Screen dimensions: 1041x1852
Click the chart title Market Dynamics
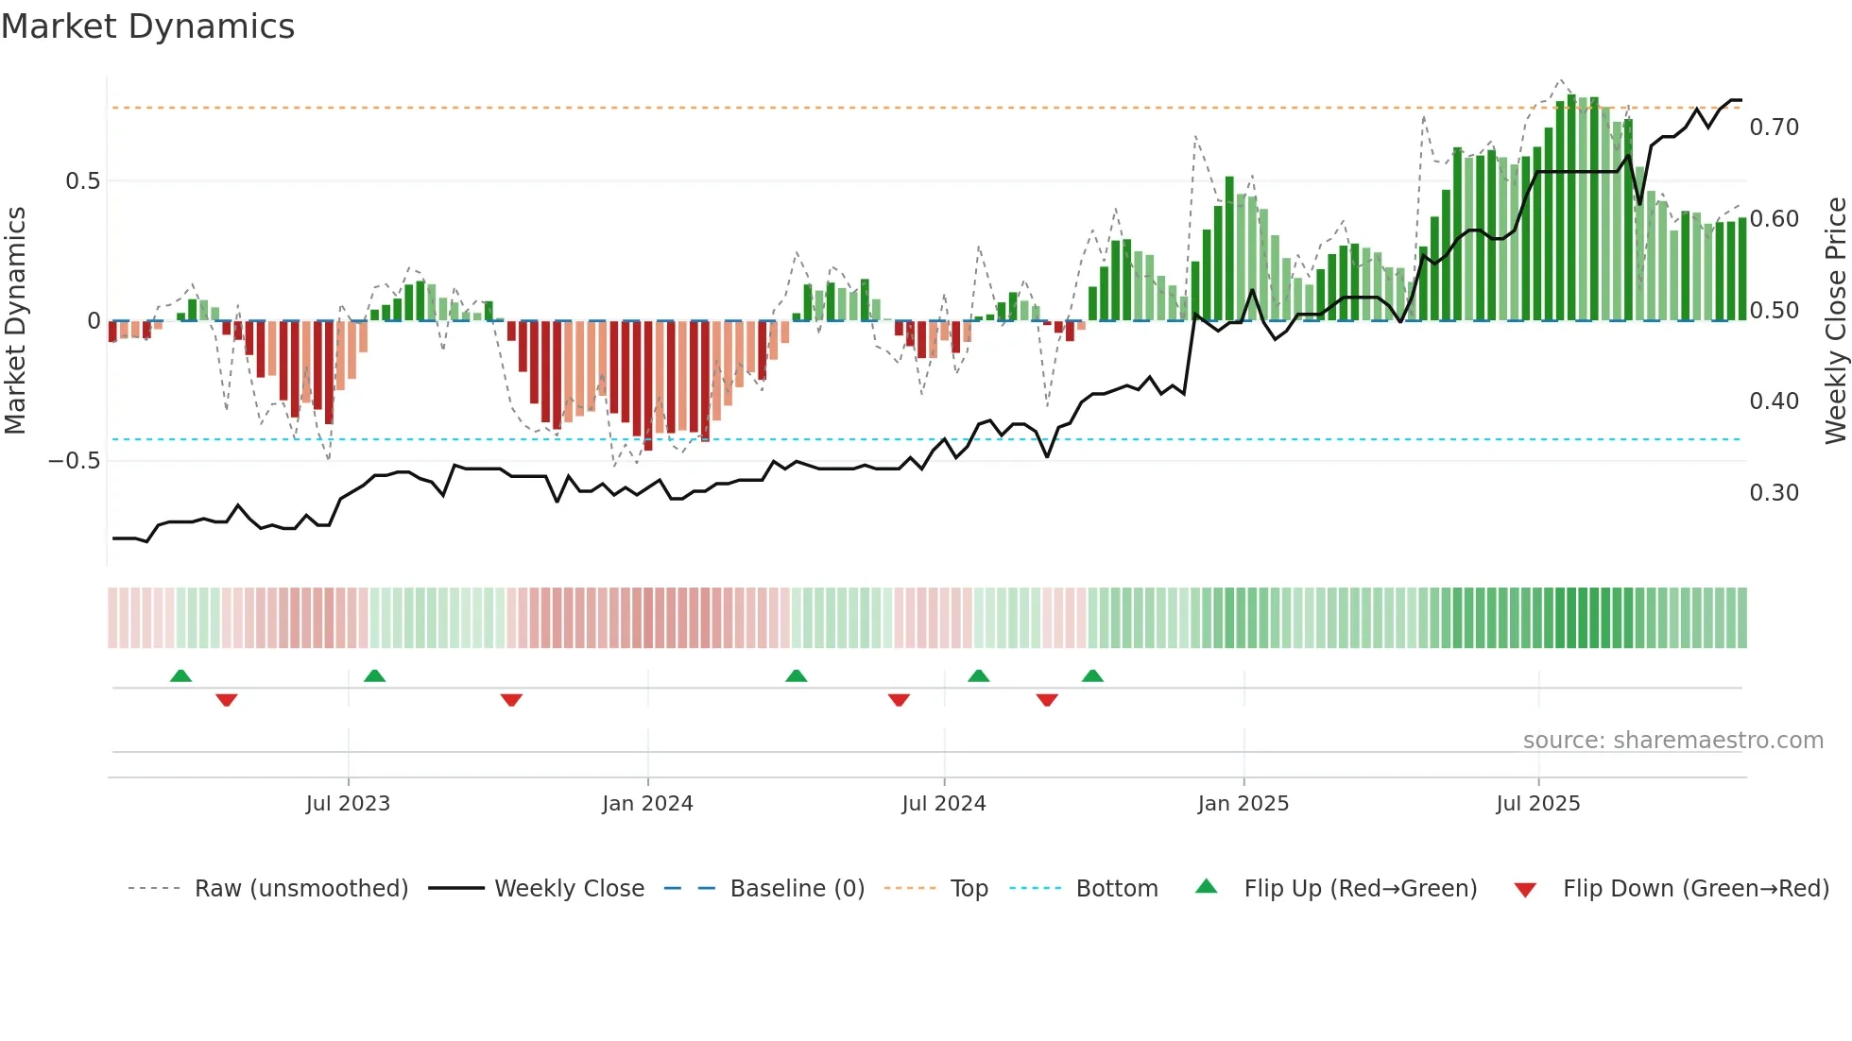(x=148, y=26)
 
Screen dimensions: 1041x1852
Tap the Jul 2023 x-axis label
(x=348, y=804)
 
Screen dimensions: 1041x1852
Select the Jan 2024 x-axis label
(x=647, y=804)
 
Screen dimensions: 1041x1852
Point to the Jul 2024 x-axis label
(x=943, y=804)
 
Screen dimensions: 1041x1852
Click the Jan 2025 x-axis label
(x=1243, y=804)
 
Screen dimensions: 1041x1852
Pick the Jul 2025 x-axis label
(x=1537, y=804)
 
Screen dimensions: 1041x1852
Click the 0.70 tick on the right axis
(x=1774, y=128)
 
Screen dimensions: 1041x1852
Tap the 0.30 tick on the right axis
(x=1774, y=493)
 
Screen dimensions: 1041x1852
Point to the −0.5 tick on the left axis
(x=74, y=461)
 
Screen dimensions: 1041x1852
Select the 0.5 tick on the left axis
(x=82, y=181)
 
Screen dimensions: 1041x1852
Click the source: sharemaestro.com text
(x=1672, y=741)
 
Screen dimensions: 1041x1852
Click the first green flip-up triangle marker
(x=180, y=675)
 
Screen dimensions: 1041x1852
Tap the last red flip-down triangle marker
(x=1046, y=700)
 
